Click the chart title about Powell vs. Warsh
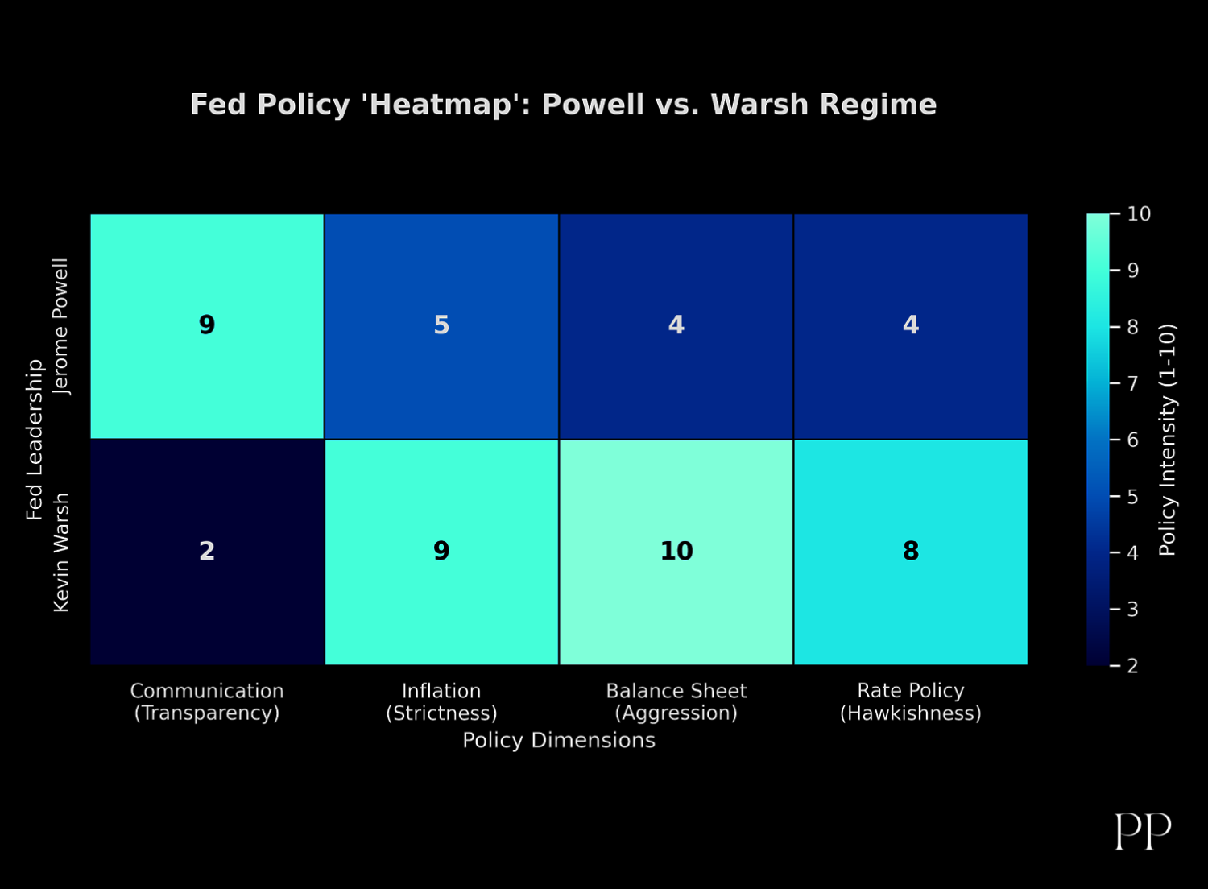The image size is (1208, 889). coord(564,105)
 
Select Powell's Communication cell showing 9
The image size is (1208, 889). coord(207,326)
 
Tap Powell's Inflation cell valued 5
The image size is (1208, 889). coord(441,326)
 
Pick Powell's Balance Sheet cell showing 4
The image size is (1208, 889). coord(676,326)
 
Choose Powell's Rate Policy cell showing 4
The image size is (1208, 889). coord(911,326)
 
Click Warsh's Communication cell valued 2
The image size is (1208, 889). coord(207,552)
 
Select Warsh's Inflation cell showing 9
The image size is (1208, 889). coord(441,552)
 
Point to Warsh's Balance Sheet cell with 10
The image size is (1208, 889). coord(676,552)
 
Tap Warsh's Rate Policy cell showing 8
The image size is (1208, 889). coord(911,552)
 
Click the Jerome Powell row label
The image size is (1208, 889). coord(61,327)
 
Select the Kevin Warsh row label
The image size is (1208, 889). coord(61,552)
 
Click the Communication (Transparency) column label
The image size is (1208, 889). coord(207,702)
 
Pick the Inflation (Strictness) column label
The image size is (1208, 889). coord(441,702)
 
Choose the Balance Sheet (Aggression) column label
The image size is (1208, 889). coord(676,702)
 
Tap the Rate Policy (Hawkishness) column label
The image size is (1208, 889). coord(911,702)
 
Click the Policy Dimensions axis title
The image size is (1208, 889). coord(559,740)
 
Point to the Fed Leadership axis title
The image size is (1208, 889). coord(34,440)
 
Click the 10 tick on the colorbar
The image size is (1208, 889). coord(1139,214)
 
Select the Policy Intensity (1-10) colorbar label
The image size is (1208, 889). coord(1168,440)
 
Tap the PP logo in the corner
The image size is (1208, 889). coord(1143,831)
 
